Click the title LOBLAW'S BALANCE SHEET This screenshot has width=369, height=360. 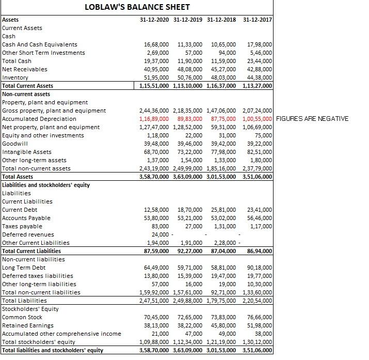pos(137,7)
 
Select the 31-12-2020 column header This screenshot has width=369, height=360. pos(154,20)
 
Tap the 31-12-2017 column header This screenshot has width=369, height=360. pos(258,20)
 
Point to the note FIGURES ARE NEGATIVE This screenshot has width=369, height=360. pos(312,119)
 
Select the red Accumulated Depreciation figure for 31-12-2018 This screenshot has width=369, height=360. pos(223,119)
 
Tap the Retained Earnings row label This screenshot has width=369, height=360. pos(28,325)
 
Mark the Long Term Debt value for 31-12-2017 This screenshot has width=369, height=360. pos(260,268)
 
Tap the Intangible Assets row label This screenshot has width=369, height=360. pos(27,152)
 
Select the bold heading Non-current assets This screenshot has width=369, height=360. pos(26,94)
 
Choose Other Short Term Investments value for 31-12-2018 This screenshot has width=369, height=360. pos(228,53)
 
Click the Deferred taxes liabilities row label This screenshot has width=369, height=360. pos(38,276)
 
